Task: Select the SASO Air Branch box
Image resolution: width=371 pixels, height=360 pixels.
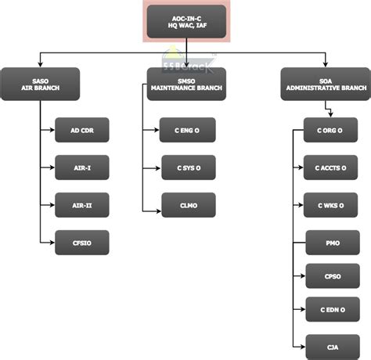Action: pyautogui.click(x=40, y=84)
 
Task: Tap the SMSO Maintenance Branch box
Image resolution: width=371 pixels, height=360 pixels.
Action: pyautogui.click(x=186, y=84)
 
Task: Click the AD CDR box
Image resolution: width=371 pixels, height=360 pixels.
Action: pyautogui.click(x=81, y=129)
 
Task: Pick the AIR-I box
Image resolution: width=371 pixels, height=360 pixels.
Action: pyautogui.click(x=81, y=167)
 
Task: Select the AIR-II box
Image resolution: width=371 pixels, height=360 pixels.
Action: pyautogui.click(x=81, y=204)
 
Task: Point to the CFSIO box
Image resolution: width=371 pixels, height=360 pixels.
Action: pyautogui.click(x=81, y=243)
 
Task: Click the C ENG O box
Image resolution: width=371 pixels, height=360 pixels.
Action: pyautogui.click(x=187, y=129)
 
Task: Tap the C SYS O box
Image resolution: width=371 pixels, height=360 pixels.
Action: pyautogui.click(x=187, y=167)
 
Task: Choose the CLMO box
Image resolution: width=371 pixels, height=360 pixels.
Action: pyautogui.click(x=187, y=204)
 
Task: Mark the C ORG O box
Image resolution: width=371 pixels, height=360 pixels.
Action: pyautogui.click(x=330, y=130)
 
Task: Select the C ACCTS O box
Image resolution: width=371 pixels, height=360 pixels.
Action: pyautogui.click(x=330, y=167)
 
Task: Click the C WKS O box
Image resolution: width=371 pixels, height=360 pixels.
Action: pyautogui.click(x=330, y=205)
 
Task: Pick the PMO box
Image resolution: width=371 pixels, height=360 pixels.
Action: pyautogui.click(x=330, y=243)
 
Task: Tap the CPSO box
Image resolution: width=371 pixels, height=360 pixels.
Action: pyautogui.click(x=330, y=276)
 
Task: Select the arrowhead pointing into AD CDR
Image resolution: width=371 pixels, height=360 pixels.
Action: pyautogui.click(x=52, y=129)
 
